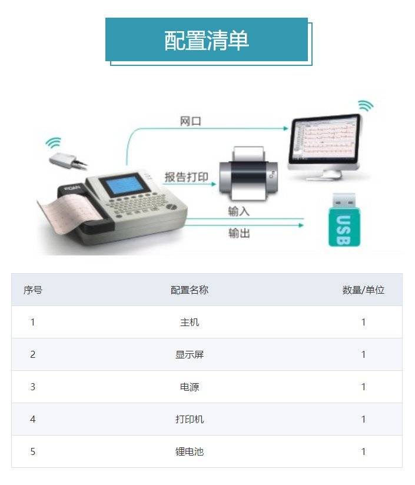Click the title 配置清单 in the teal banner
pyautogui.click(x=206, y=41)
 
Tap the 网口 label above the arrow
pyautogui.click(x=191, y=121)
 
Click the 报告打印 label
pyautogui.click(x=186, y=177)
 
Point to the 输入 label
pyautogui.click(x=239, y=211)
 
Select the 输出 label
pyautogui.click(x=239, y=233)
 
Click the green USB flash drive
pyautogui.click(x=344, y=220)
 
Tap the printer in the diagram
pyautogui.click(x=248, y=174)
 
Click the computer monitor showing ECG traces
pyautogui.click(x=325, y=145)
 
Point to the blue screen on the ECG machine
pyautogui.click(x=125, y=185)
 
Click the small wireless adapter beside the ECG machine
pyautogui.click(x=67, y=160)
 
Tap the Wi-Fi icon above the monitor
pyautogui.click(x=366, y=105)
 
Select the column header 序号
pyautogui.click(x=33, y=290)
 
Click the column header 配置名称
pyautogui.click(x=190, y=290)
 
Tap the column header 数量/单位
pyautogui.click(x=363, y=290)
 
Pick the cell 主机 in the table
pyautogui.click(x=190, y=323)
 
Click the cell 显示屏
pyautogui.click(x=190, y=354)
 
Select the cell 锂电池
pyautogui.click(x=190, y=451)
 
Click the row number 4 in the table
pyautogui.click(x=33, y=420)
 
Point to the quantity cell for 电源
pyautogui.click(x=363, y=387)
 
